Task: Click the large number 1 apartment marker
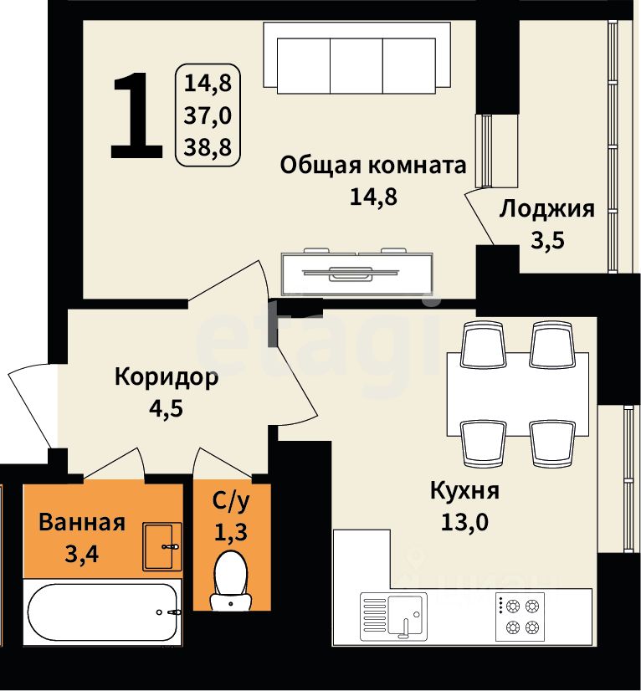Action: tap(136, 115)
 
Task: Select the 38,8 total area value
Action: tap(208, 146)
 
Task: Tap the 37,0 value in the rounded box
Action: tap(208, 115)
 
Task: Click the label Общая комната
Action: tap(373, 166)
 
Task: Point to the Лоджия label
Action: tap(546, 209)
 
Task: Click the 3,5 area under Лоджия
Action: tap(547, 241)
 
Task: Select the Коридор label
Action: tap(167, 377)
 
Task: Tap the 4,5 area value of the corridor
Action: tap(166, 409)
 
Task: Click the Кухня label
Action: tap(464, 491)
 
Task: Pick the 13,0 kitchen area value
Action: tap(464, 523)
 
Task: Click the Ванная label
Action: tap(82, 523)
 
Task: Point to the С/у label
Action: tap(231, 501)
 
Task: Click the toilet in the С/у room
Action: tap(231, 581)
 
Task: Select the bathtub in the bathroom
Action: tap(102, 612)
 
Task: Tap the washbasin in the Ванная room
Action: tap(162, 546)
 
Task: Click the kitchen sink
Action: tap(393, 617)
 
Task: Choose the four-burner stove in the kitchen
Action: tap(520, 617)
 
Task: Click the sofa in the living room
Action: tap(356, 58)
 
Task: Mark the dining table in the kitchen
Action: tap(518, 394)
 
